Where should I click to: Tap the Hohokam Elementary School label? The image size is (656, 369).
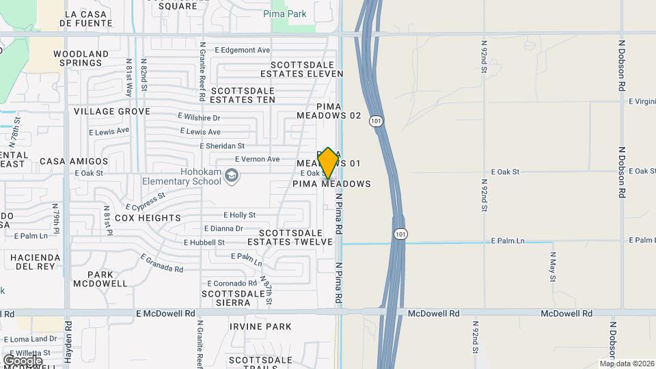tap(182, 176)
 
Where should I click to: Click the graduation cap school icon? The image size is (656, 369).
tap(232, 176)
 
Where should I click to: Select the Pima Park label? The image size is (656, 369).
tap(284, 13)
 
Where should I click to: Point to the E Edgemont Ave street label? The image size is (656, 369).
tap(243, 50)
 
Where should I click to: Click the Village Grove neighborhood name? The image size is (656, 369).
tap(112, 111)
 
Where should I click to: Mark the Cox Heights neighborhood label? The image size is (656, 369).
tap(148, 218)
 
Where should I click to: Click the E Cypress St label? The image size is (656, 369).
tap(146, 201)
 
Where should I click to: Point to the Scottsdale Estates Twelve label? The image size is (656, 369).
tap(290, 237)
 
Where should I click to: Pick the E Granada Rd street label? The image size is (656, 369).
tap(162, 263)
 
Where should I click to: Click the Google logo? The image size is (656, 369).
tap(23, 360)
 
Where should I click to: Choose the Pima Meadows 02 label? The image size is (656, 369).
tap(328, 111)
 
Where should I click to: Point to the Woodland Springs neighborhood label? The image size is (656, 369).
tap(81, 58)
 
